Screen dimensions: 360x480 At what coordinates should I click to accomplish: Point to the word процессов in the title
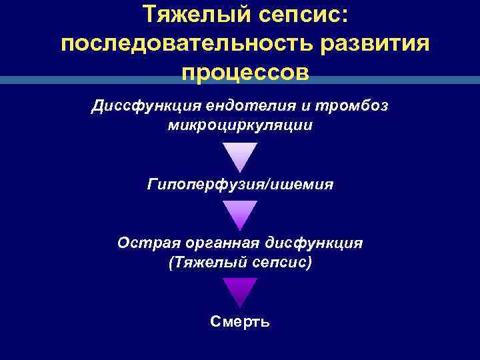pos(244,72)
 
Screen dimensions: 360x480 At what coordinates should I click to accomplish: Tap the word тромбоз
pos(358,107)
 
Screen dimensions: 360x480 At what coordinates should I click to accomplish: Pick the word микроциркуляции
pos(240,126)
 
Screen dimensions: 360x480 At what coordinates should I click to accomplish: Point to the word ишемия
pos(300,184)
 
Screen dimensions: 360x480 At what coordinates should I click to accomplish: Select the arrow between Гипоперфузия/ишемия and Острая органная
pos(240,215)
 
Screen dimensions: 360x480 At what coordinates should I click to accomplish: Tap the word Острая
pos(143,243)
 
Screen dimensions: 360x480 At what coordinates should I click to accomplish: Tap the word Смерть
pos(240,322)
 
